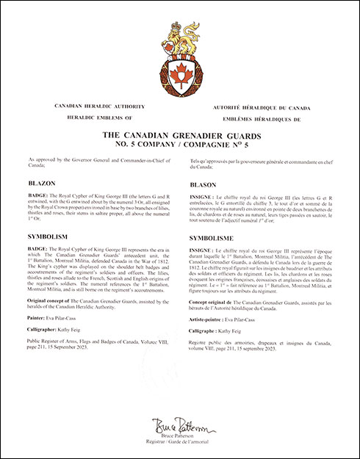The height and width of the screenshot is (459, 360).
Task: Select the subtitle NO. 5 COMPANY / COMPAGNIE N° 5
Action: point(180,145)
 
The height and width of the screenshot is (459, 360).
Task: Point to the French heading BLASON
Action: point(204,185)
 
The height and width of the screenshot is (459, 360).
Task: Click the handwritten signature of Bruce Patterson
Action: point(179,426)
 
